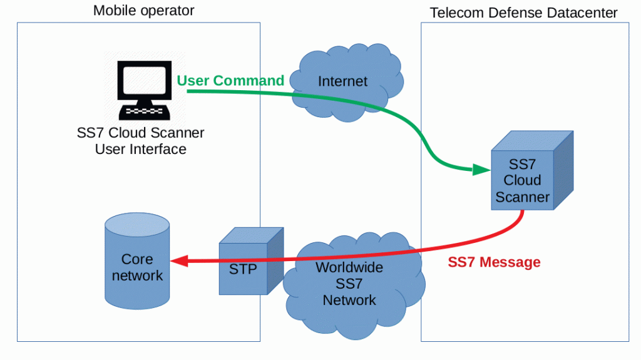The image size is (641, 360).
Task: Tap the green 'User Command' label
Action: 230,81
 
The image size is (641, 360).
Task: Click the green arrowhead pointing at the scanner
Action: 481,170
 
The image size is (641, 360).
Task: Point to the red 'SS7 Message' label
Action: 494,262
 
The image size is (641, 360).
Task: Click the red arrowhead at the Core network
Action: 178,261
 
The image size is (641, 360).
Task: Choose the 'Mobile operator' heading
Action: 143,11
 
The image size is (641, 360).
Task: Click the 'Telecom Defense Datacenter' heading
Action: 523,13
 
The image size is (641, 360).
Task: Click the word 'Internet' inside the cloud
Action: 343,81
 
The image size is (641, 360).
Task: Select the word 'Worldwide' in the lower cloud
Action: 349,268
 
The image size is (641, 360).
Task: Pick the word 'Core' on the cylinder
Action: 137,259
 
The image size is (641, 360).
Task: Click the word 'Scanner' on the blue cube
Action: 523,197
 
